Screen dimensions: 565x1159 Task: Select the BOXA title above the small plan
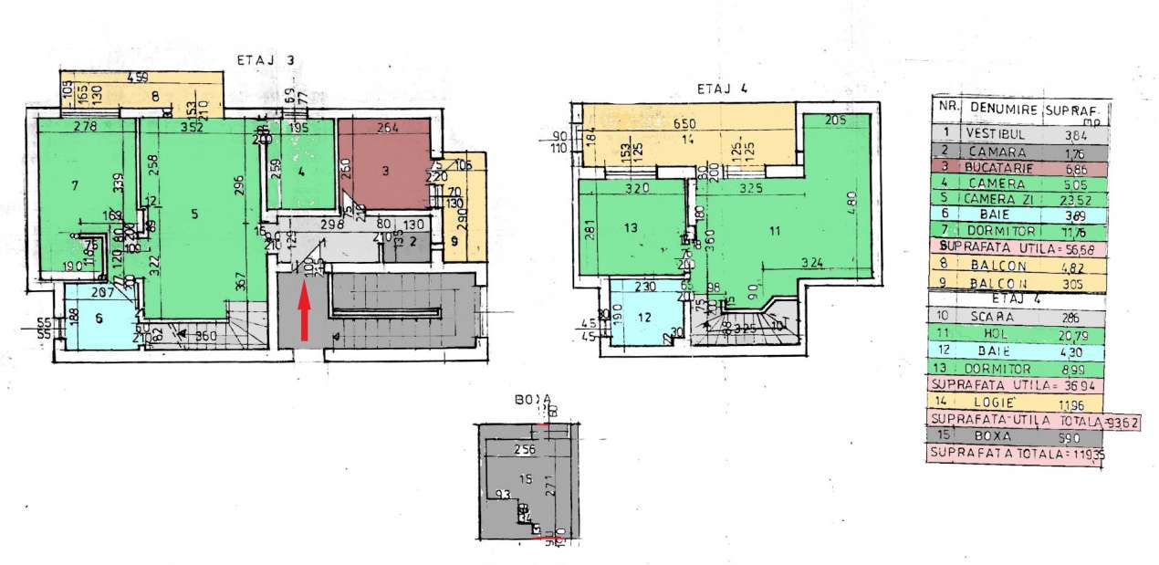tap(532, 400)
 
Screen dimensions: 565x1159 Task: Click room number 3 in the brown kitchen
tap(386, 170)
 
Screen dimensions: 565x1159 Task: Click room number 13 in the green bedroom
tap(629, 228)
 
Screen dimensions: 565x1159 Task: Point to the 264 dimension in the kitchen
tap(387, 128)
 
